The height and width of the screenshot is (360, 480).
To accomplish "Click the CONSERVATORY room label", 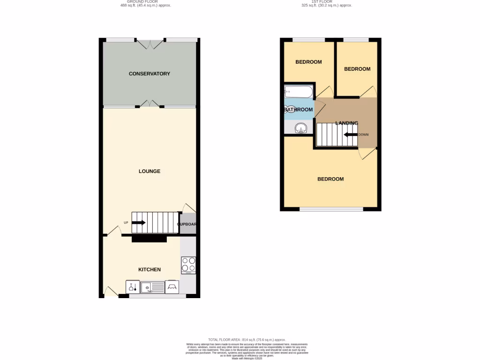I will (x=149, y=74).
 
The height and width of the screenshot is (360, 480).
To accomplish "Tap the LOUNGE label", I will (x=149, y=171).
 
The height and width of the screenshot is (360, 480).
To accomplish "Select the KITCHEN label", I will (x=149, y=270).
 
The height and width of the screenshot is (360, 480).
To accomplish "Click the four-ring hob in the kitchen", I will (x=188, y=265).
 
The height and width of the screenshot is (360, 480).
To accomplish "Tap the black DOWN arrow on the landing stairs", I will (x=350, y=135).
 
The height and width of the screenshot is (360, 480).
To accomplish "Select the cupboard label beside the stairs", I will (x=187, y=224).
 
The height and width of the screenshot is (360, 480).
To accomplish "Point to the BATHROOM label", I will (x=299, y=110).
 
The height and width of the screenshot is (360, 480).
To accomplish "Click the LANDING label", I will (x=346, y=123).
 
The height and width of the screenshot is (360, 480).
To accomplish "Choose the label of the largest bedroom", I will (x=330, y=179).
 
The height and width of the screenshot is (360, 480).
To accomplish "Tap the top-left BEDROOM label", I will (x=308, y=62).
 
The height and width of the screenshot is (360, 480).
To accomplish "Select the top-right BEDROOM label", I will (x=357, y=69).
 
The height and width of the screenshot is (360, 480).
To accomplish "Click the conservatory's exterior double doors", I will (x=150, y=44).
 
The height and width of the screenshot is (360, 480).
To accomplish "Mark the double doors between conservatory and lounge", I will (x=150, y=104).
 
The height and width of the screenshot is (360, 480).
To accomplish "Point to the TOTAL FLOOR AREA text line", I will (x=247, y=339).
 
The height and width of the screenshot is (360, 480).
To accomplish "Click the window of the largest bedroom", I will (x=331, y=209).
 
